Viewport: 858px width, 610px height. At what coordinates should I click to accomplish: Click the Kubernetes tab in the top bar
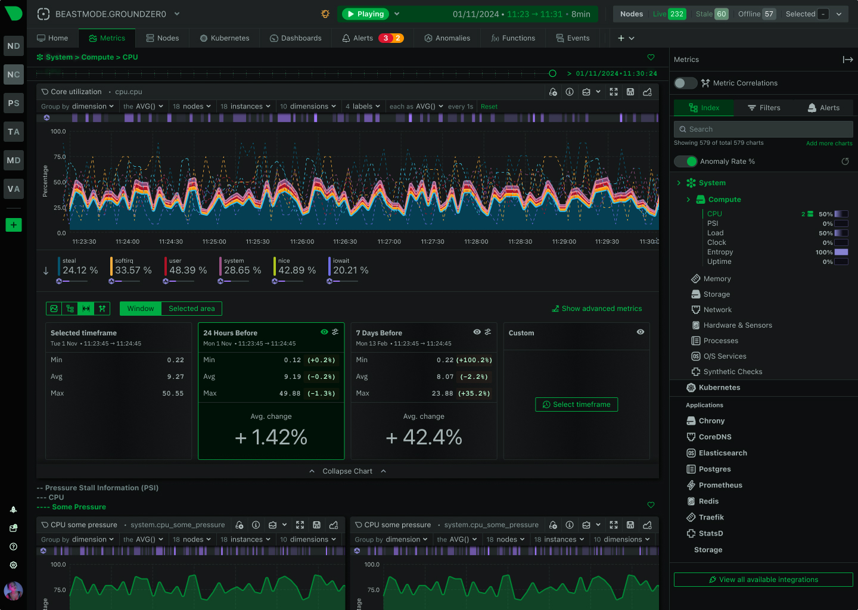225,38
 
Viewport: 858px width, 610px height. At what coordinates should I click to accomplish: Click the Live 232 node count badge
669,14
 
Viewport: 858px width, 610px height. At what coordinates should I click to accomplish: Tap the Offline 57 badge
757,14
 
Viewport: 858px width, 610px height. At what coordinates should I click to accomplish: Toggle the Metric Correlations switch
685,83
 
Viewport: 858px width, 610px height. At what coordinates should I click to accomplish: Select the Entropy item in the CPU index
720,252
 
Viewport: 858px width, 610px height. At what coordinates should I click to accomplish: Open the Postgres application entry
714,469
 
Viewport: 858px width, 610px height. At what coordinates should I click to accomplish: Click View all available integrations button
763,580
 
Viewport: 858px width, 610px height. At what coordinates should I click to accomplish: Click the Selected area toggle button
191,309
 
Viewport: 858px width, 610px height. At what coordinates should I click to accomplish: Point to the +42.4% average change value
424,437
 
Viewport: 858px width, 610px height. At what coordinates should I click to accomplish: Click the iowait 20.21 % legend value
350,270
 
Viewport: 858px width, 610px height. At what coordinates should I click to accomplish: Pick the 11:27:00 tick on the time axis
389,242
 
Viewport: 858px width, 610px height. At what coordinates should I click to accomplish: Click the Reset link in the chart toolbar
489,107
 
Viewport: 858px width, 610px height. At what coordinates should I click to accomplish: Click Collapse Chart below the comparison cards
347,471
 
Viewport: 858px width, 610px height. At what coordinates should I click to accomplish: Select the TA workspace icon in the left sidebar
14,132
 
